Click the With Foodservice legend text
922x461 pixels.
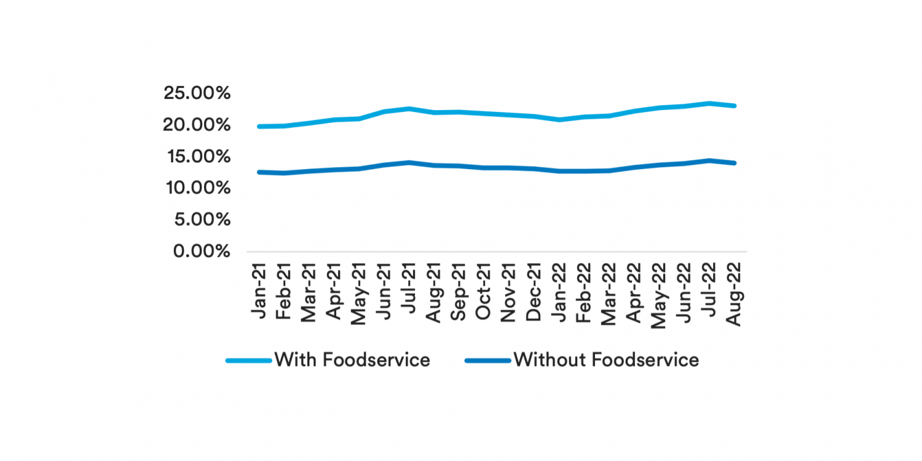pyautogui.click(x=352, y=359)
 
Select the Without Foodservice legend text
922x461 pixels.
pyautogui.click(x=606, y=359)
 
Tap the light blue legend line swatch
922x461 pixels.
pyautogui.click(x=248, y=360)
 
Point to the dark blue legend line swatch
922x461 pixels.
pyautogui.click(x=488, y=360)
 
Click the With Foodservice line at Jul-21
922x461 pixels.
pyautogui.click(x=409, y=109)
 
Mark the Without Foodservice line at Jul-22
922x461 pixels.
pyautogui.click(x=710, y=160)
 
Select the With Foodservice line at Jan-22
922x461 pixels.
pyautogui.click(x=559, y=119)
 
